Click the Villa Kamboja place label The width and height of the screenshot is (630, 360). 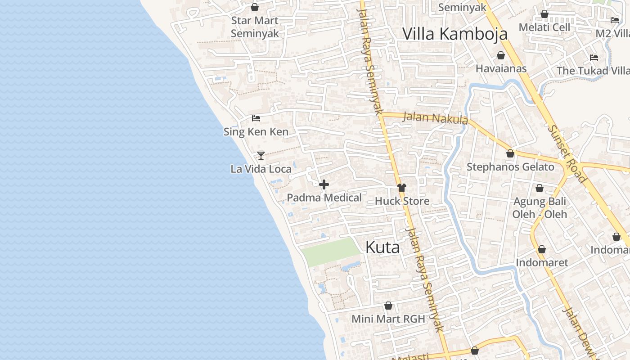tap(454, 34)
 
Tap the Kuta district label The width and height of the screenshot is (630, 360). tap(382, 247)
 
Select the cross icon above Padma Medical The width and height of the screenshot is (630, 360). tap(324, 184)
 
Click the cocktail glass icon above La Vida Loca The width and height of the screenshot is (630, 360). tap(261, 156)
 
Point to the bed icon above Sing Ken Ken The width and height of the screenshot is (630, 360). tap(256, 118)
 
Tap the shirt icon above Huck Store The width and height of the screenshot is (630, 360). tap(402, 188)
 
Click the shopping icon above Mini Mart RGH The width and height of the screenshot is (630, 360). tap(388, 306)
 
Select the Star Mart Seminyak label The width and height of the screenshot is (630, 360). tap(255, 27)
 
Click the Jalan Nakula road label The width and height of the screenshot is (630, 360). tap(435, 118)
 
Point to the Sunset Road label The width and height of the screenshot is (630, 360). tap(567, 153)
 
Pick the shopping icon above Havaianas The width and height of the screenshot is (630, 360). tap(501, 55)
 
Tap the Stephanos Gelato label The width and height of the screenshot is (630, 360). tap(510, 167)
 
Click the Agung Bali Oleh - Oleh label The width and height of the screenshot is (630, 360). tap(540, 207)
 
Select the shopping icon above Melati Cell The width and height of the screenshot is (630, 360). tap(544, 14)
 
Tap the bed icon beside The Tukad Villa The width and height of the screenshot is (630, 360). tap(594, 58)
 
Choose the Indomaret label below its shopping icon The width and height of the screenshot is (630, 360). tap(542, 262)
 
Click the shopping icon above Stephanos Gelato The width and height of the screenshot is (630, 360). tap(510, 154)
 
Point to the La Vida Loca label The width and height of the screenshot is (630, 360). tap(261, 169)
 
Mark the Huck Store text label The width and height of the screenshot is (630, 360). tap(402, 201)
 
